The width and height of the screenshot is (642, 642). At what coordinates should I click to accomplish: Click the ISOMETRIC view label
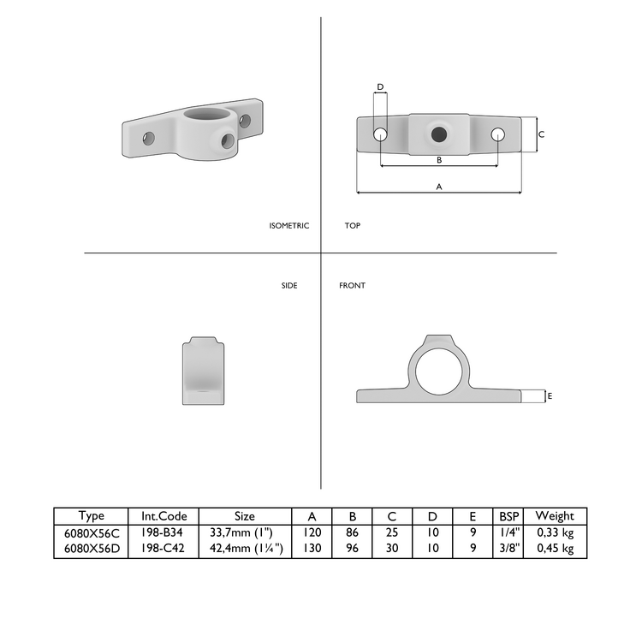pyautogui.click(x=288, y=226)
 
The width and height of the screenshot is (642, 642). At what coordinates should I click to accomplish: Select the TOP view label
pyautogui.click(x=352, y=226)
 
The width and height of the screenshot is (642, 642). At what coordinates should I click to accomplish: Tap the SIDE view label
pyautogui.click(x=289, y=285)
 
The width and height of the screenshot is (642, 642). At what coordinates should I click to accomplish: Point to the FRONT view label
pyautogui.click(x=352, y=285)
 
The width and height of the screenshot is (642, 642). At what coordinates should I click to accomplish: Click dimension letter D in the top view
pyautogui.click(x=380, y=86)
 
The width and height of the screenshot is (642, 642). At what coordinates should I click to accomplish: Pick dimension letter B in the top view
pyautogui.click(x=439, y=160)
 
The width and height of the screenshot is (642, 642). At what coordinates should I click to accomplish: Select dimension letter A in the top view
pyautogui.click(x=439, y=186)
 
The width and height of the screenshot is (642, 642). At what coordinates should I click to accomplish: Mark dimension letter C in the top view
pyautogui.click(x=541, y=134)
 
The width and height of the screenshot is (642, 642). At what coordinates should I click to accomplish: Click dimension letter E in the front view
pyautogui.click(x=550, y=396)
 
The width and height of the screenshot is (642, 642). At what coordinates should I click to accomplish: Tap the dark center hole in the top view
pyautogui.click(x=439, y=134)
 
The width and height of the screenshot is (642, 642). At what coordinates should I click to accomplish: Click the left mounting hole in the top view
pyautogui.click(x=380, y=134)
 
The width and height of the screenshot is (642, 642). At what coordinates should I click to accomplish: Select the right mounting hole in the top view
pyautogui.click(x=498, y=134)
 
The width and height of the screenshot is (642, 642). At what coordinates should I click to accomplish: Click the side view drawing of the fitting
pyautogui.click(x=203, y=371)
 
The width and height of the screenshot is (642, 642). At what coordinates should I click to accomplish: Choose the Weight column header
pyautogui.click(x=555, y=516)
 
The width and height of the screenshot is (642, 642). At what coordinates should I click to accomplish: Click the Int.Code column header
pyautogui.click(x=163, y=516)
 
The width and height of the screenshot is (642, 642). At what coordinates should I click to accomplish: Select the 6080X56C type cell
pyautogui.click(x=91, y=532)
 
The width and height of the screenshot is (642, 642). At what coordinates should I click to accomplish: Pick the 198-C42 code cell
pyautogui.click(x=163, y=549)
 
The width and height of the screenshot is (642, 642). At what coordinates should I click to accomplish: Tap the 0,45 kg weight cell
pyautogui.click(x=555, y=549)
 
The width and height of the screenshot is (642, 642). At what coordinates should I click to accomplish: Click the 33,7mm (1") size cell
pyautogui.click(x=245, y=532)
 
